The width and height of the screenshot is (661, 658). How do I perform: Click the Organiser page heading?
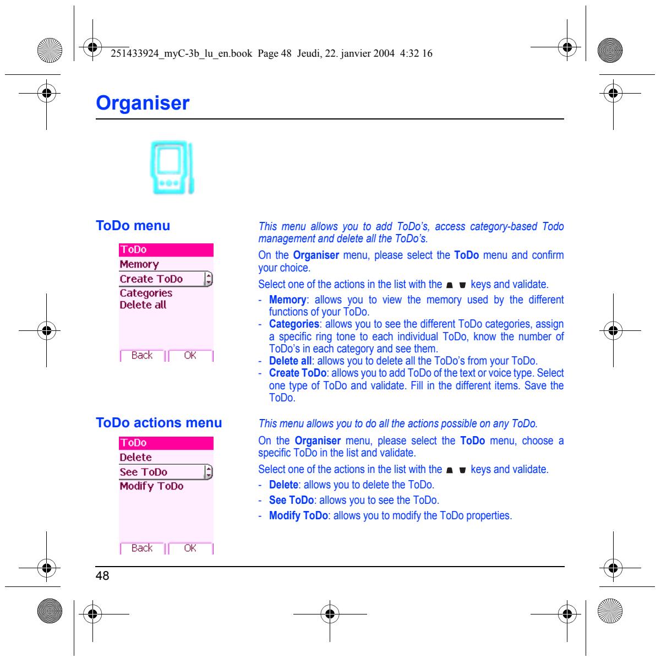click(143, 103)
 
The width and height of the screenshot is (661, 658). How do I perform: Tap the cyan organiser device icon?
click(172, 167)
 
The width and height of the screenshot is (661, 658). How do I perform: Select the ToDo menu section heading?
click(133, 226)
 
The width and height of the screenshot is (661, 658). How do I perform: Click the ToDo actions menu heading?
click(159, 422)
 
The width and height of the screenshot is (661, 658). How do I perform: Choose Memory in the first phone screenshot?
click(139, 264)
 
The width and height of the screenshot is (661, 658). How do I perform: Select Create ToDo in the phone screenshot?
click(151, 279)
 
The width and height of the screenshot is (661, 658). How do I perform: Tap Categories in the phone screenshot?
click(146, 293)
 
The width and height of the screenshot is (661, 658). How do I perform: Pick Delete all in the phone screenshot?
click(143, 305)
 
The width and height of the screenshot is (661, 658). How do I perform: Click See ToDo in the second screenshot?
click(144, 472)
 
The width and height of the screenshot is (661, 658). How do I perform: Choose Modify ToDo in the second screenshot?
click(151, 486)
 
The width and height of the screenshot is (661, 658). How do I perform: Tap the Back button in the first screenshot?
click(142, 355)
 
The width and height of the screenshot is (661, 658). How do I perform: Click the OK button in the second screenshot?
click(190, 548)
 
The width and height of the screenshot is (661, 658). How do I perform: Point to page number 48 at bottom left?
click(102, 575)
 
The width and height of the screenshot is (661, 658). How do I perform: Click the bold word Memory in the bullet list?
click(287, 300)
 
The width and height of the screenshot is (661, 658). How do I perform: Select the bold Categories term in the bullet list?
click(294, 324)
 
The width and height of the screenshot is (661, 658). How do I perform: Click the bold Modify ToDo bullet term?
click(298, 515)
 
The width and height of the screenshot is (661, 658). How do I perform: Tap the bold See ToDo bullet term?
click(291, 500)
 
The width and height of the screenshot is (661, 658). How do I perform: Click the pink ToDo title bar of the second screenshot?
click(166, 443)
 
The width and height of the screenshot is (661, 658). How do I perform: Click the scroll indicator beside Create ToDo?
click(208, 279)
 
